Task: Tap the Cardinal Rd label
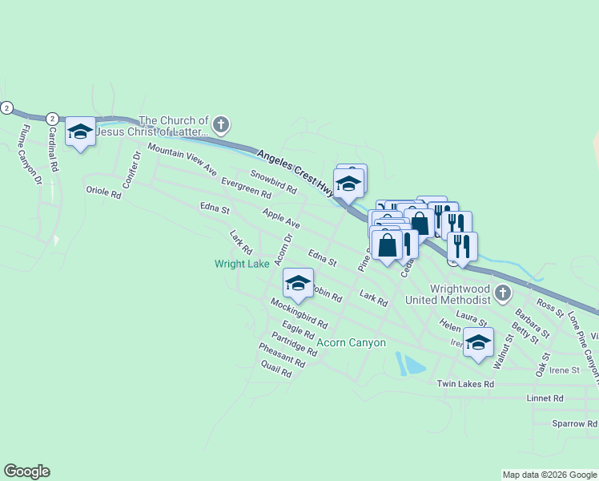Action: click(53, 150)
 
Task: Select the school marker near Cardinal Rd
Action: click(80, 132)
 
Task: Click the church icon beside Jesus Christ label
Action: click(222, 124)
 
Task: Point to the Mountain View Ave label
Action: click(182, 161)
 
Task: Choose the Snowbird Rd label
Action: click(273, 182)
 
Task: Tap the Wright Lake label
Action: click(242, 264)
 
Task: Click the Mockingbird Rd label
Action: click(299, 314)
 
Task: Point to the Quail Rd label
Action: click(276, 369)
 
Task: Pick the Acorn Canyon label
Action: click(352, 342)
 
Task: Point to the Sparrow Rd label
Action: click(574, 422)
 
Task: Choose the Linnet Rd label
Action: click(545, 398)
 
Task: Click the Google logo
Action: click(26, 471)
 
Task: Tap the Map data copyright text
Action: click(549, 475)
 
